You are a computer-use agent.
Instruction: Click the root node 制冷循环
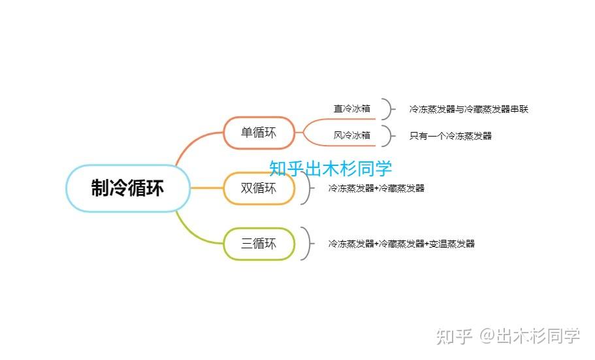(128, 188)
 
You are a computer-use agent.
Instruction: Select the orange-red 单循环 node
(259, 133)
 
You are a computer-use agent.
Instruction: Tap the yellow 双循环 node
(259, 188)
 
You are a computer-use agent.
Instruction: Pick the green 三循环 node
(259, 244)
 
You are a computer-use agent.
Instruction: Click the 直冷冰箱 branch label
(352, 109)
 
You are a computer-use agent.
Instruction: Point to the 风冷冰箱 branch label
(352, 136)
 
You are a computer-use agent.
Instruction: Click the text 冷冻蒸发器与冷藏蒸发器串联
(468, 109)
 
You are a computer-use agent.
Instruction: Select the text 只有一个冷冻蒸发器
(451, 136)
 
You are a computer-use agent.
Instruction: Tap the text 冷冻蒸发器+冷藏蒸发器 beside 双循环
(376, 188)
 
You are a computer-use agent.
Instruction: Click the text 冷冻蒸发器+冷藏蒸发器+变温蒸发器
(401, 244)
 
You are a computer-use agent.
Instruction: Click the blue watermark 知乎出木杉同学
(330, 169)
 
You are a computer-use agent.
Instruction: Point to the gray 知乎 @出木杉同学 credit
(508, 336)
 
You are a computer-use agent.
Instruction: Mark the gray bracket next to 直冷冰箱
(388, 109)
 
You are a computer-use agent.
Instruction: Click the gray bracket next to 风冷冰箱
(388, 136)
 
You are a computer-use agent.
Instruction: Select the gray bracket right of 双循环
(306, 188)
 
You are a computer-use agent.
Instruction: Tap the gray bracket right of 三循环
(306, 244)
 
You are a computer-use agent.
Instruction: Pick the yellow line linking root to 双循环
(206, 188)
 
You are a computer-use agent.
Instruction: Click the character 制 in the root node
(100, 188)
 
